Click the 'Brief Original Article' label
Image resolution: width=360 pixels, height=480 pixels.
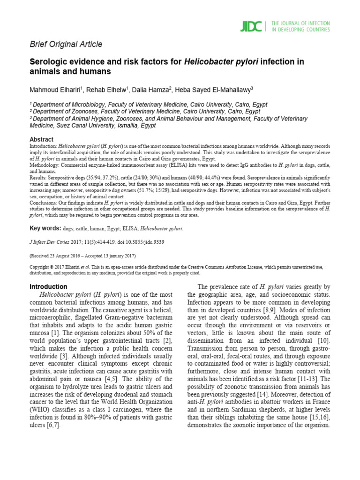66,44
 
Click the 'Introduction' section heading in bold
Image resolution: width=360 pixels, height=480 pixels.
48,286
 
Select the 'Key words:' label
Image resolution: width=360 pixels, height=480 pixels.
45,228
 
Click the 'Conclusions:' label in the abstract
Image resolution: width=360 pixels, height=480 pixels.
46,203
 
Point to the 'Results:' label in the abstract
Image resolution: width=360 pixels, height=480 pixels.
39,178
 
